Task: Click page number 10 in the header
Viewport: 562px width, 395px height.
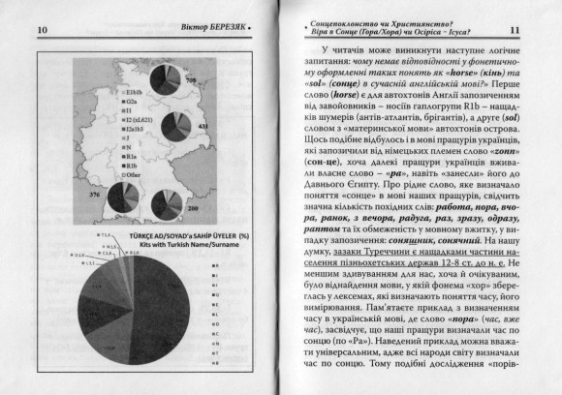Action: [x=16, y=30]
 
